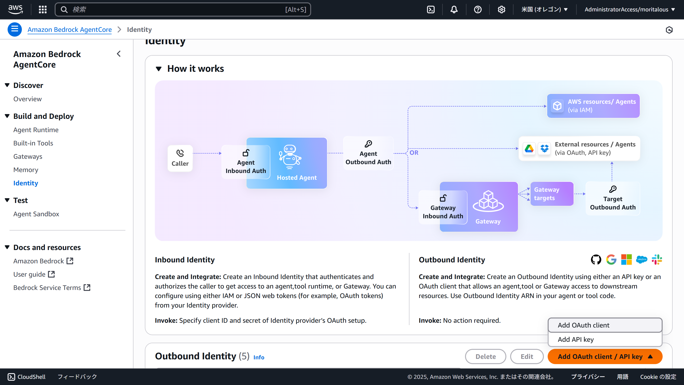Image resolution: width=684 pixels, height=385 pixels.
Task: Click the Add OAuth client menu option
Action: coord(583,325)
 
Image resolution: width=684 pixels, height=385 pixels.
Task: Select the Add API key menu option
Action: coord(575,339)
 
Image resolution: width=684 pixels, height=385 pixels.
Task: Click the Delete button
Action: coord(485,356)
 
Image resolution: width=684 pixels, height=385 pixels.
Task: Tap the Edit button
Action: coord(527,356)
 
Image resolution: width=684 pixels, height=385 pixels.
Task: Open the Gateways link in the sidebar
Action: coord(28,157)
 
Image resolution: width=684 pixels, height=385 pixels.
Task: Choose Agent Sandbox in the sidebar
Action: coord(36,214)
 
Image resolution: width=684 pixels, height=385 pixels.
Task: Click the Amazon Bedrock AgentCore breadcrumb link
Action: coord(70,29)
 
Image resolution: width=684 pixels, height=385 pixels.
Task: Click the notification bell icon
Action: coord(454,10)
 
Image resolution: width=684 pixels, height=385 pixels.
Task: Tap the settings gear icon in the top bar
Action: coord(501,10)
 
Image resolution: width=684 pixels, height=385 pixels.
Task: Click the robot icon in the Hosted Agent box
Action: coord(290,157)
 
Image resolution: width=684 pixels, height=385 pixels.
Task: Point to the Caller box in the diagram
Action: coord(180,158)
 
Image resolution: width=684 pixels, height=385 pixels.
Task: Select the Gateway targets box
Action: coord(552,194)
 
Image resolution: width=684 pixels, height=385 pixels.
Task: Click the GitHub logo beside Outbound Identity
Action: coord(596,259)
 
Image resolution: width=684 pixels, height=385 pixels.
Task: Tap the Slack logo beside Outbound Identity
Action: coord(657,259)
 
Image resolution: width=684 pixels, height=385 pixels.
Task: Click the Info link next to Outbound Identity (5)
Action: coord(259,357)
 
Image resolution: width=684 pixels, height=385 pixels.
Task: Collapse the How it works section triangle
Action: coord(159,69)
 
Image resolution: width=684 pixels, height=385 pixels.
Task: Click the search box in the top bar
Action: coord(183,10)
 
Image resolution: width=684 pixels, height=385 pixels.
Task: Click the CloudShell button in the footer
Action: coord(27,377)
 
